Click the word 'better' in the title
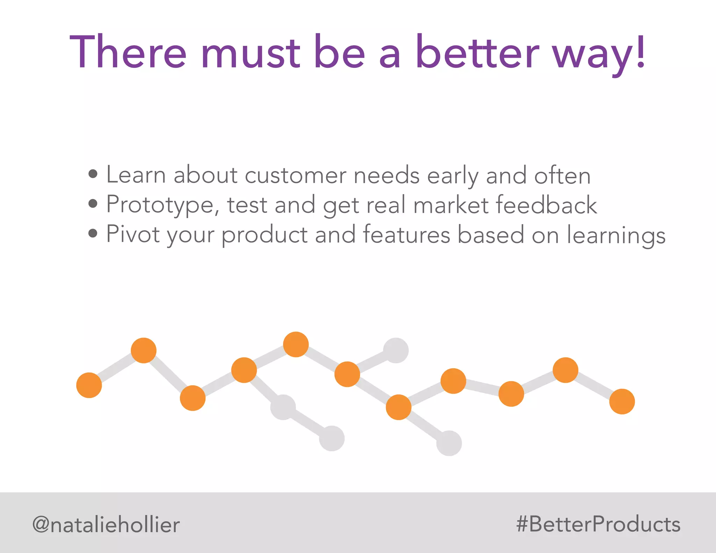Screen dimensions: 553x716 pos(477,52)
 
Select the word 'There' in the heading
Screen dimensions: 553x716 pos(128,52)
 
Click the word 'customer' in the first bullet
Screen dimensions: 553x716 pos(295,175)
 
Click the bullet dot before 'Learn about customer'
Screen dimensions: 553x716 pos(93,174)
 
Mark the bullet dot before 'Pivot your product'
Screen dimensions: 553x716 pos(93,233)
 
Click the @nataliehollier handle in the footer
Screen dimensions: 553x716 pos(106,525)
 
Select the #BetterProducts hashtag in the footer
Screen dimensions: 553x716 pos(598,524)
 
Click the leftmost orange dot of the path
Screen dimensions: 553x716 pos(89,385)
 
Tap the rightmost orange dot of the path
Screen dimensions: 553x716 pos(622,402)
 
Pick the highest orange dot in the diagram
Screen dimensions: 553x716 pos(296,344)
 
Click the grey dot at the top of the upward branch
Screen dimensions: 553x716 pos(396,350)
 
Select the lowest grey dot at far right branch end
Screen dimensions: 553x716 pos(449,443)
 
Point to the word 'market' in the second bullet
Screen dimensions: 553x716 pos(451,205)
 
